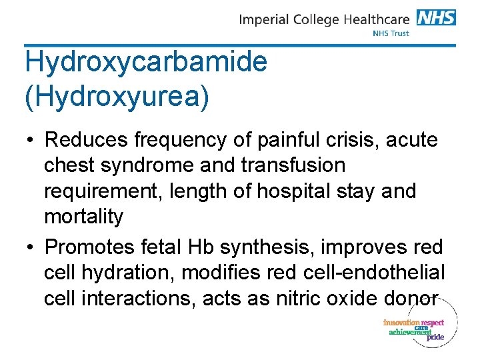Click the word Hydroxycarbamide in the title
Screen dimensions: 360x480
click(146, 63)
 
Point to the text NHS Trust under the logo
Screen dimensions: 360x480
click(391, 33)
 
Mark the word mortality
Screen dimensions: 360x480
click(84, 217)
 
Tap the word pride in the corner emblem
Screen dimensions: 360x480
click(435, 337)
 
